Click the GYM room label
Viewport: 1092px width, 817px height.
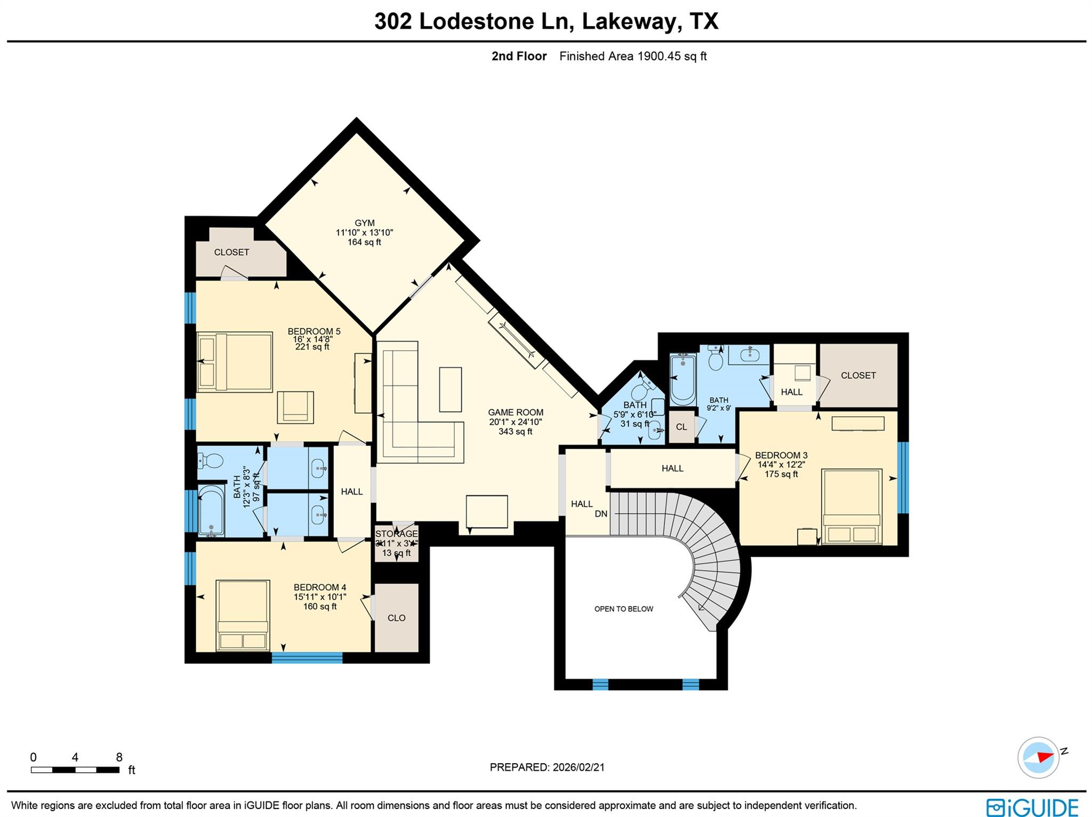tap(365, 223)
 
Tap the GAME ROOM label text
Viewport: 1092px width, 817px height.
tap(516, 412)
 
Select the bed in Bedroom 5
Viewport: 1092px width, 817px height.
tap(235, 362)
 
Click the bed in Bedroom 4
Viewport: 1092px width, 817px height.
tap(242, 615)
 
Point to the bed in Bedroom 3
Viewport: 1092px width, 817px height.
tap(852, 506)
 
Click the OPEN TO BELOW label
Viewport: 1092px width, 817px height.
tap(623, 609)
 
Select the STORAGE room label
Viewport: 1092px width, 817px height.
tap(396, 534)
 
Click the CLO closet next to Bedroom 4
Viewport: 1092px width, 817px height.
tap(396, 618)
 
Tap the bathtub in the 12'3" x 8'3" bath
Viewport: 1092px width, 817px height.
tap(211, 510)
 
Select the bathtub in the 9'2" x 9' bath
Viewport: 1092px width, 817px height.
tap(682, 379)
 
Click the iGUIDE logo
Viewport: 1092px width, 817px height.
tap(1032, 806)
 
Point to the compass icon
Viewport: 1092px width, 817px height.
tap(1038, 757)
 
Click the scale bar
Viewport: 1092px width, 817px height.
tap(75, 770)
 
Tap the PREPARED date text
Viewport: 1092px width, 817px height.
tap(547, 767)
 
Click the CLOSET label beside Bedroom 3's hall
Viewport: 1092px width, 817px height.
tap(858, 376)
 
